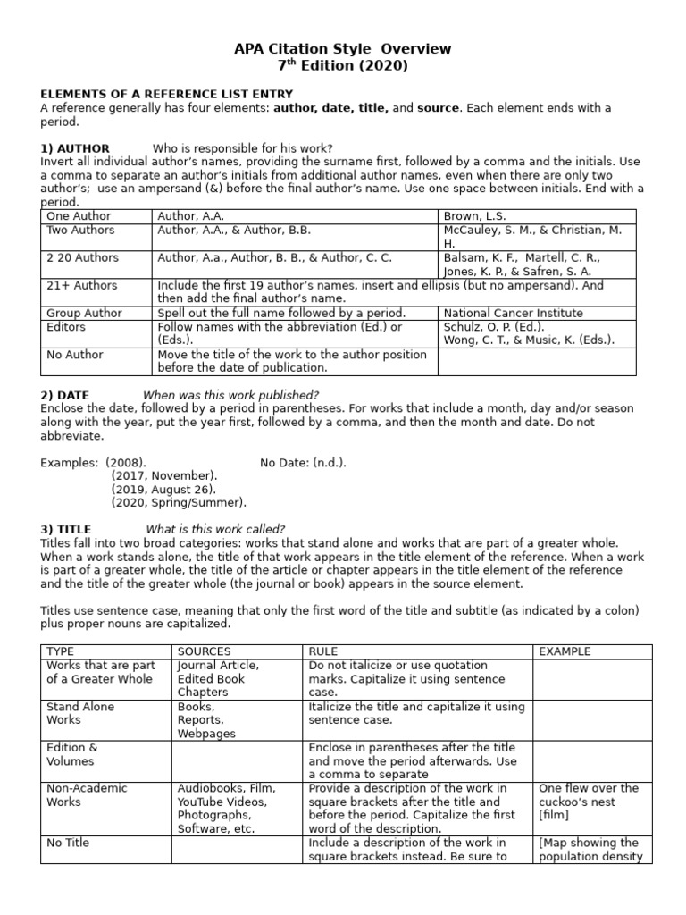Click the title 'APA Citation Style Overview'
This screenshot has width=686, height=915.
tap(343, 48)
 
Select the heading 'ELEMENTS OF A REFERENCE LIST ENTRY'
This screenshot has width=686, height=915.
tap(166, 94)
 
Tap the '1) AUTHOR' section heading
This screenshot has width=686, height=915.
tap(75, 148)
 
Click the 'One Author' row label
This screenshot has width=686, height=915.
tap(79, 216)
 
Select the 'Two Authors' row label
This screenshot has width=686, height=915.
tap(80, 231)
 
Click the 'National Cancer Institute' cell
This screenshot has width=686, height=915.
tap(513, 314)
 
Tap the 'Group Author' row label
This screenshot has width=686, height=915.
tap(84, 314)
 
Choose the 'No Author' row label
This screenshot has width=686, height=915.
tap(75, 355)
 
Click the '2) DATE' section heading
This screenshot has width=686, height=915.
tap(65, 396)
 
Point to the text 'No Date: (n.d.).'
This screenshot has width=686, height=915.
tap(303, 462)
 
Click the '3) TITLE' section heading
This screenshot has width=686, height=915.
tap(66, 529)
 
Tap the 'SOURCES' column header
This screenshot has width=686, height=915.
tap(204, 652)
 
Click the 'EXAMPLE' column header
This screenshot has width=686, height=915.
tap(565, 652)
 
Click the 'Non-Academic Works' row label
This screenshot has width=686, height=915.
tap(87, 795)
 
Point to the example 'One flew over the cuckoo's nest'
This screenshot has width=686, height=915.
tap(589, 795)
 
